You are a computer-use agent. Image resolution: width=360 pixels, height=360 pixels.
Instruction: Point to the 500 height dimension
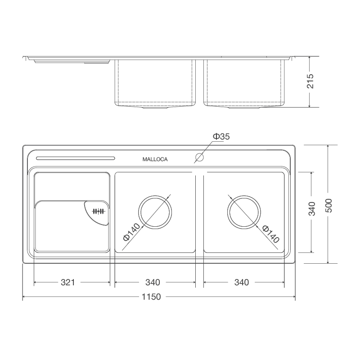328,205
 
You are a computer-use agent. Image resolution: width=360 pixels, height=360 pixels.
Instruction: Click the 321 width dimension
67,283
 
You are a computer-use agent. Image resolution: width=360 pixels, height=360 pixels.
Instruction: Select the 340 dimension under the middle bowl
153,283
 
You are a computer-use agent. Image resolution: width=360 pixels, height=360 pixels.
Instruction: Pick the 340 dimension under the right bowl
241,283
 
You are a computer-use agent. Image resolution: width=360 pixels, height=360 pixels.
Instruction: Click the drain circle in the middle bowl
155,212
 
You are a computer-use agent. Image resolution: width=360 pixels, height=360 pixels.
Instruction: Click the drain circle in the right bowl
243,212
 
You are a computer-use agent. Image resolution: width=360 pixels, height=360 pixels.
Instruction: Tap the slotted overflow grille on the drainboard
98,211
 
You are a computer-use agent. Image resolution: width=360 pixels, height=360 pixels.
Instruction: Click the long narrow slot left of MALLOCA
76,158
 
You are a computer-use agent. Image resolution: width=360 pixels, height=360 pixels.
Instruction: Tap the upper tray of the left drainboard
72,185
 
